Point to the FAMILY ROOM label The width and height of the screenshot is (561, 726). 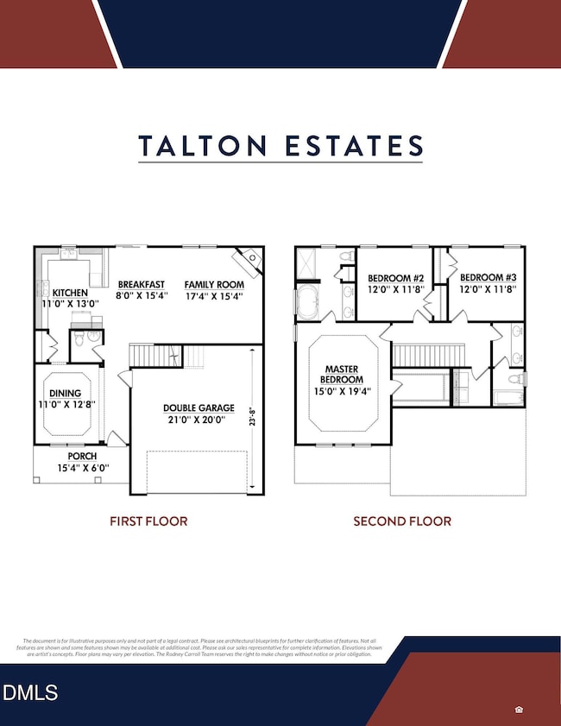(214, 284)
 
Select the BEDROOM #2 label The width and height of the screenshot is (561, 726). (394, 278)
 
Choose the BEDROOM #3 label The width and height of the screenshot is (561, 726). (487, 278)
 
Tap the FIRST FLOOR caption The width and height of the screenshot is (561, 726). (148, 521)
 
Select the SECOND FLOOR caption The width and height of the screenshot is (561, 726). (402, 521)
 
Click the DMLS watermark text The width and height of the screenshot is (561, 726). (30, 691)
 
